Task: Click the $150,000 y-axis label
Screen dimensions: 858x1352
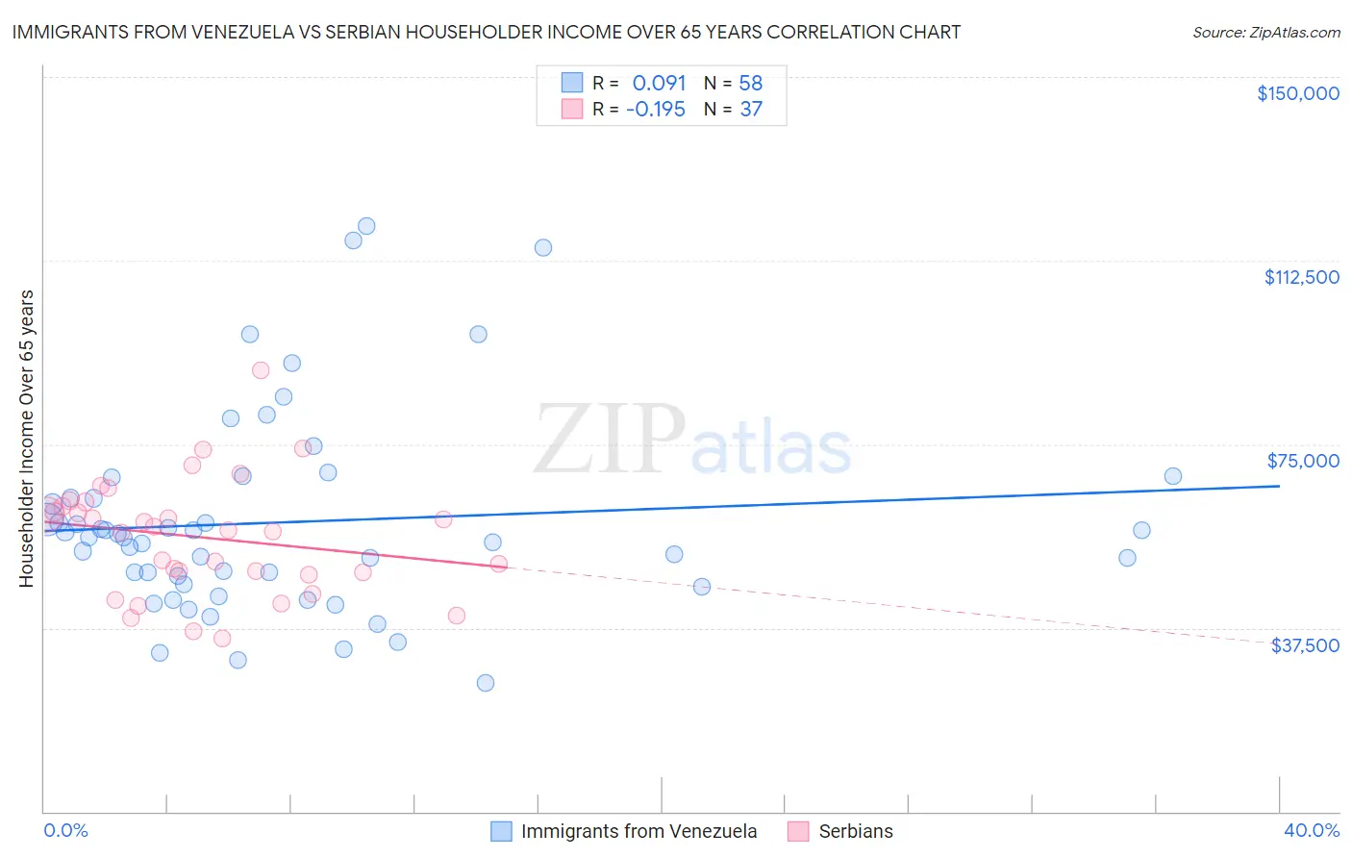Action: point(1297,93)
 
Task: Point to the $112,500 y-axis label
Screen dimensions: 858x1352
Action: point(1301,277)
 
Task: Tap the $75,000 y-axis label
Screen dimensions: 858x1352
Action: point(1303,461)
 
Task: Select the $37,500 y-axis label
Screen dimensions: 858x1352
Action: point(1305,645)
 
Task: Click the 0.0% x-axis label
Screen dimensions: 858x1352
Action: point(65,830)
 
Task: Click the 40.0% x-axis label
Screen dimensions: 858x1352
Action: point(1311,830)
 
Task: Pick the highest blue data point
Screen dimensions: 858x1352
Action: point(366,226)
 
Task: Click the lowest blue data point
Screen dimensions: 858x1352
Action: point(486,683)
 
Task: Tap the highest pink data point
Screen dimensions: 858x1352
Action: point(261,370)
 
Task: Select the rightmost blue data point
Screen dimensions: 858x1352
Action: point(1173,476)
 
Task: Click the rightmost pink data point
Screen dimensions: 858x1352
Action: point(499,564)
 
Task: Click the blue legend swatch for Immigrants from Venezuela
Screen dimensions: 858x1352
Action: point(501,831)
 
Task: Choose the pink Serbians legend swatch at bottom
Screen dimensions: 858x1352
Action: point(798,831)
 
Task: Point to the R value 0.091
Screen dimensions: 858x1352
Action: point(659,84)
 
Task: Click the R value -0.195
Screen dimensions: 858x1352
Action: point(656,110)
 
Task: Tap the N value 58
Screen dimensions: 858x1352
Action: point(750,84)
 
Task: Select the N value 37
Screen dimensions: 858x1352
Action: point(750,110)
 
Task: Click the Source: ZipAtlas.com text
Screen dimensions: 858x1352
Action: point(1265,33)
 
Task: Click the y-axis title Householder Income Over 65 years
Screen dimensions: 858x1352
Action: point(27,438)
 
